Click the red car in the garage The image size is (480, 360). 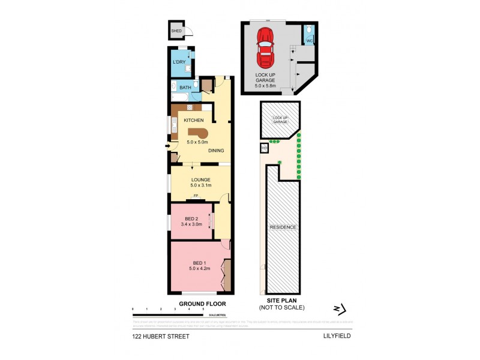pyautogui.click(x=264, y=47)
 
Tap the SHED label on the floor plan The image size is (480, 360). pyautogui.click(x=176, y=31)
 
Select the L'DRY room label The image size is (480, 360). pyautogui.click(x=179, y=62)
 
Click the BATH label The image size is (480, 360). pyautogui.click(x=185, y=88)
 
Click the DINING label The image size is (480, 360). pyautogui.click(x=217, y=151)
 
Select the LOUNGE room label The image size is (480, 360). pyautogui.click(x=200, y=179)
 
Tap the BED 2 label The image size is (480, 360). pyautogui.click(x=191, y=218)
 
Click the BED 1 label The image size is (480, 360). pyautogui.click(x=200, y=263)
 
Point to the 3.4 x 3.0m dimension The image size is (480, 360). pyautogui.click(x=191, y=224)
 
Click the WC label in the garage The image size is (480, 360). pyautogui.click(x=310, y=40)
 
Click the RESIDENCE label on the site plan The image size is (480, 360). pyautogui.click(x=282, y=228)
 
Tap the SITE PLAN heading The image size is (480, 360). pyautogui.click(x=282, y=301)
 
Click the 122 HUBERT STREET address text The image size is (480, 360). pyautogui.click(x=161, y=337)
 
